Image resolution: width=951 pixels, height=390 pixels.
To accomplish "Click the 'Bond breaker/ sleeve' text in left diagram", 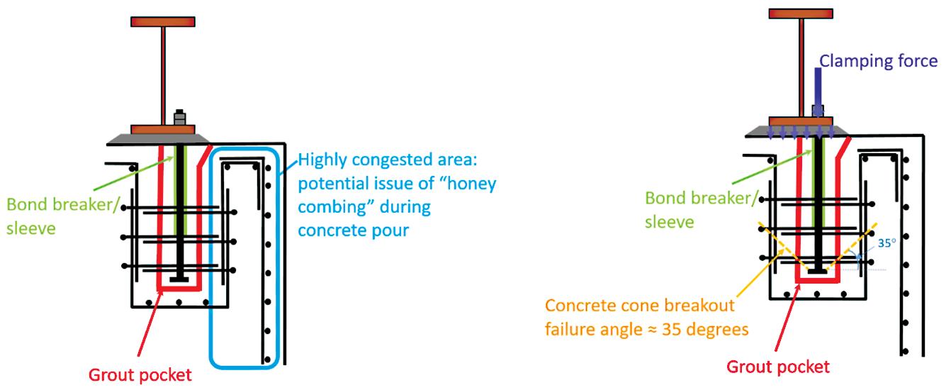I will (51, 216).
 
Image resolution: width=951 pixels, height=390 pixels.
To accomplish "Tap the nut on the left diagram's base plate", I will (179, 118).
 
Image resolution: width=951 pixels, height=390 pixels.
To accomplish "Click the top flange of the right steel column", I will (801, 13).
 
